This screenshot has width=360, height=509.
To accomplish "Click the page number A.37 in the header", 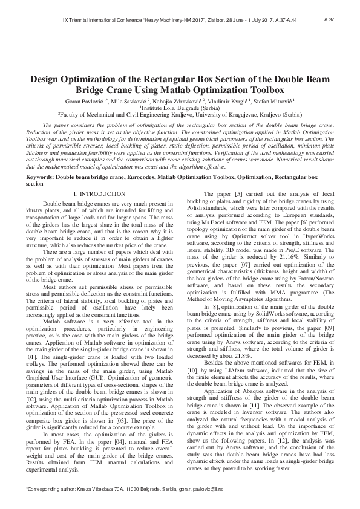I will click(x=329, y=20).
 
